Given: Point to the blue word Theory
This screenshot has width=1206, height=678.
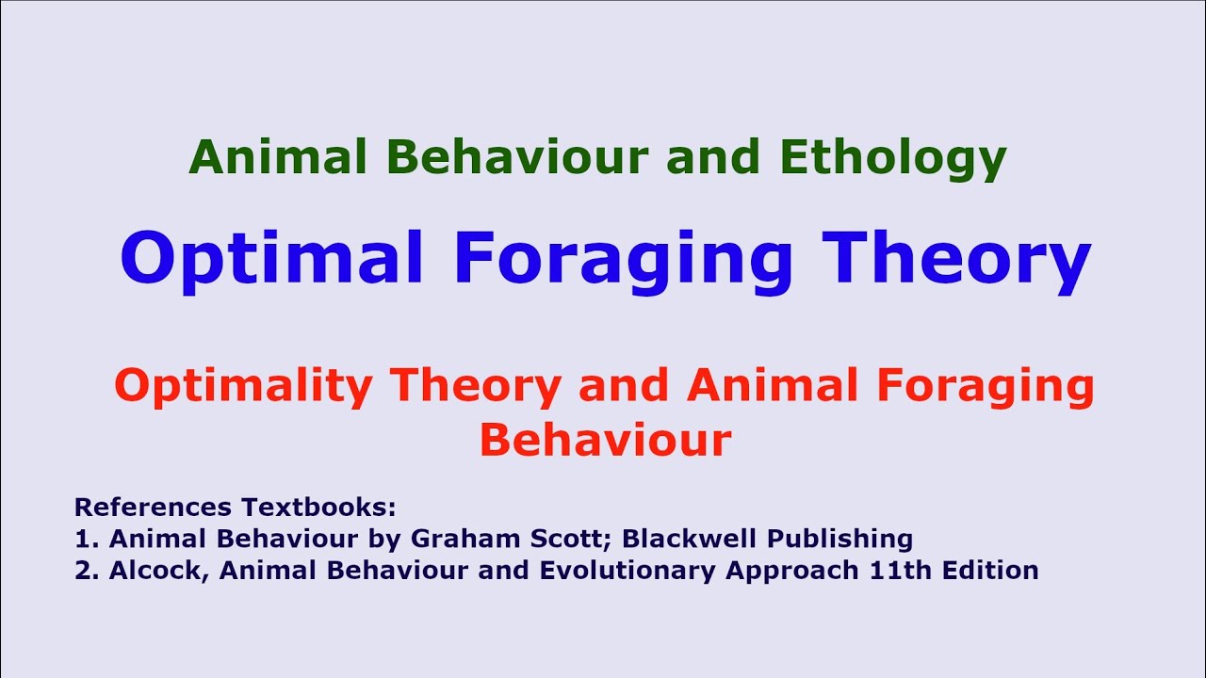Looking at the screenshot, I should click(956, 259).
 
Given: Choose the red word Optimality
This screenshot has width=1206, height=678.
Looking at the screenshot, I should click(242, 386).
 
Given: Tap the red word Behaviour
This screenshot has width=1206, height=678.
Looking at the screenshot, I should click(605, 440).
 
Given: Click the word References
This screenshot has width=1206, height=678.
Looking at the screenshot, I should click(153, 508).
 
